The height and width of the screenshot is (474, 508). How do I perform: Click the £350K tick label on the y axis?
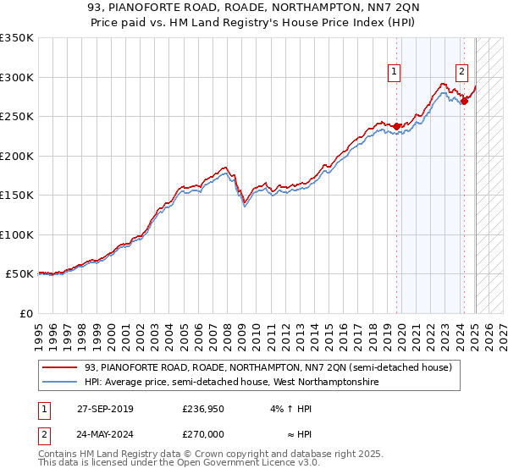pos(17,38)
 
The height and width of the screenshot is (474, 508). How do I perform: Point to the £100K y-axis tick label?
pos(17,234)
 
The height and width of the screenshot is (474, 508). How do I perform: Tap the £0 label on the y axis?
pos(25,313)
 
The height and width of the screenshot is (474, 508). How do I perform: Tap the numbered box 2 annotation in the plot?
pos(461,72)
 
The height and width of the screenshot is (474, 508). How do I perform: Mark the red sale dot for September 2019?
pos(397,127)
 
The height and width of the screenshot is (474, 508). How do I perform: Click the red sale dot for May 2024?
pos(464,101)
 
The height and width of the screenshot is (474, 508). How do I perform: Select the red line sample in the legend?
pos(61,367)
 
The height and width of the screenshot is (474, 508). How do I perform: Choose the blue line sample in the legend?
pos(61,383)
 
